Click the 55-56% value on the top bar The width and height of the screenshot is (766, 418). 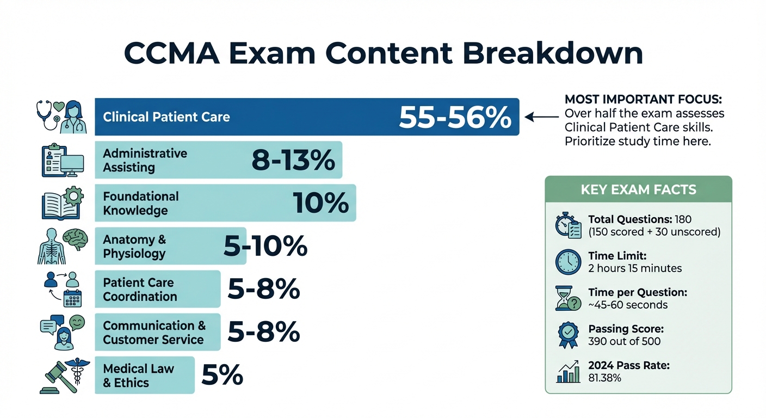(x=455, y=117)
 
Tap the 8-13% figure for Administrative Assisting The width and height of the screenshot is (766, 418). (x=293, y=160)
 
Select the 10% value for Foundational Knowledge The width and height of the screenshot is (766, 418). (x=320, y=203)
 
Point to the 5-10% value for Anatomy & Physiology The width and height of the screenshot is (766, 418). (x=265, y=247)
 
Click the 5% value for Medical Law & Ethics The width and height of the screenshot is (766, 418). (x=222, y=375)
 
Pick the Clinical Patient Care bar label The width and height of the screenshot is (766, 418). (x=166, y=117)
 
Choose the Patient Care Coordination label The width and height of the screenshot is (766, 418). (x=140, y=290)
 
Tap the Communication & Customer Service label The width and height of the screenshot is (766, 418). (x=154, y=333)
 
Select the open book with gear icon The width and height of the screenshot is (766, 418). (x=62, y=203)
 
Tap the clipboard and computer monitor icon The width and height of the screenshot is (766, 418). (x=62, y=160)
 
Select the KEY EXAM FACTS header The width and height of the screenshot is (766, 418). (x=638, y=190)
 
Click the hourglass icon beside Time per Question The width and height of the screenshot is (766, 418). (x=567, y=298)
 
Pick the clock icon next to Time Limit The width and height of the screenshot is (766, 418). (x=568, y=262)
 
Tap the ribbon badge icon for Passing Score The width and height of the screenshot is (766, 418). (x=568, y=335)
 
